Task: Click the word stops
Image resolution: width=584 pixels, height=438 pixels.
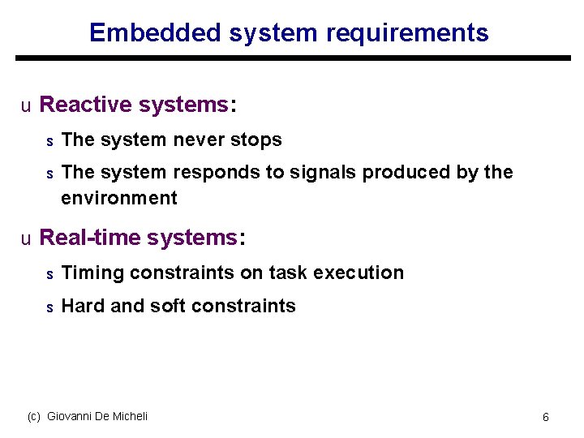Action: point(256,140)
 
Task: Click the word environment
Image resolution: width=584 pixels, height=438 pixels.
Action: point(118,198)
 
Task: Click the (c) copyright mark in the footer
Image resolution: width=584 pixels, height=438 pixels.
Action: point(33,416)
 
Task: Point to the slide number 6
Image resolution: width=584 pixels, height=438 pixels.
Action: point(546,417)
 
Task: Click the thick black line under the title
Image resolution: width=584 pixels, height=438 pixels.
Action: point(292,58)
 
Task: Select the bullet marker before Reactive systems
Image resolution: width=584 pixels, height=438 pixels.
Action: point(26,105)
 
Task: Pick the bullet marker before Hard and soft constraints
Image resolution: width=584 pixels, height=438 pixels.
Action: point(49,307)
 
